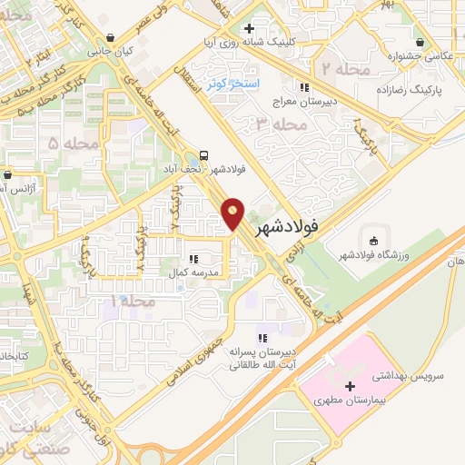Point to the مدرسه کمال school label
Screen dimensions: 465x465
[192, 272]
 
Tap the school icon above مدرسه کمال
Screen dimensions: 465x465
[193, 258]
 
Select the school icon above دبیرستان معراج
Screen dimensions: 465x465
[306, 87]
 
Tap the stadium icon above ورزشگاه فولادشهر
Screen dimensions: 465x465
[374, 240]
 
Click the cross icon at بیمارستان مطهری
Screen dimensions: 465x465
[350, 387]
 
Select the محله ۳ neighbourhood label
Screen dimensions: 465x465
[276, 124]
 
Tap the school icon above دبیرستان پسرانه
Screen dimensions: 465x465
[263, 338]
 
